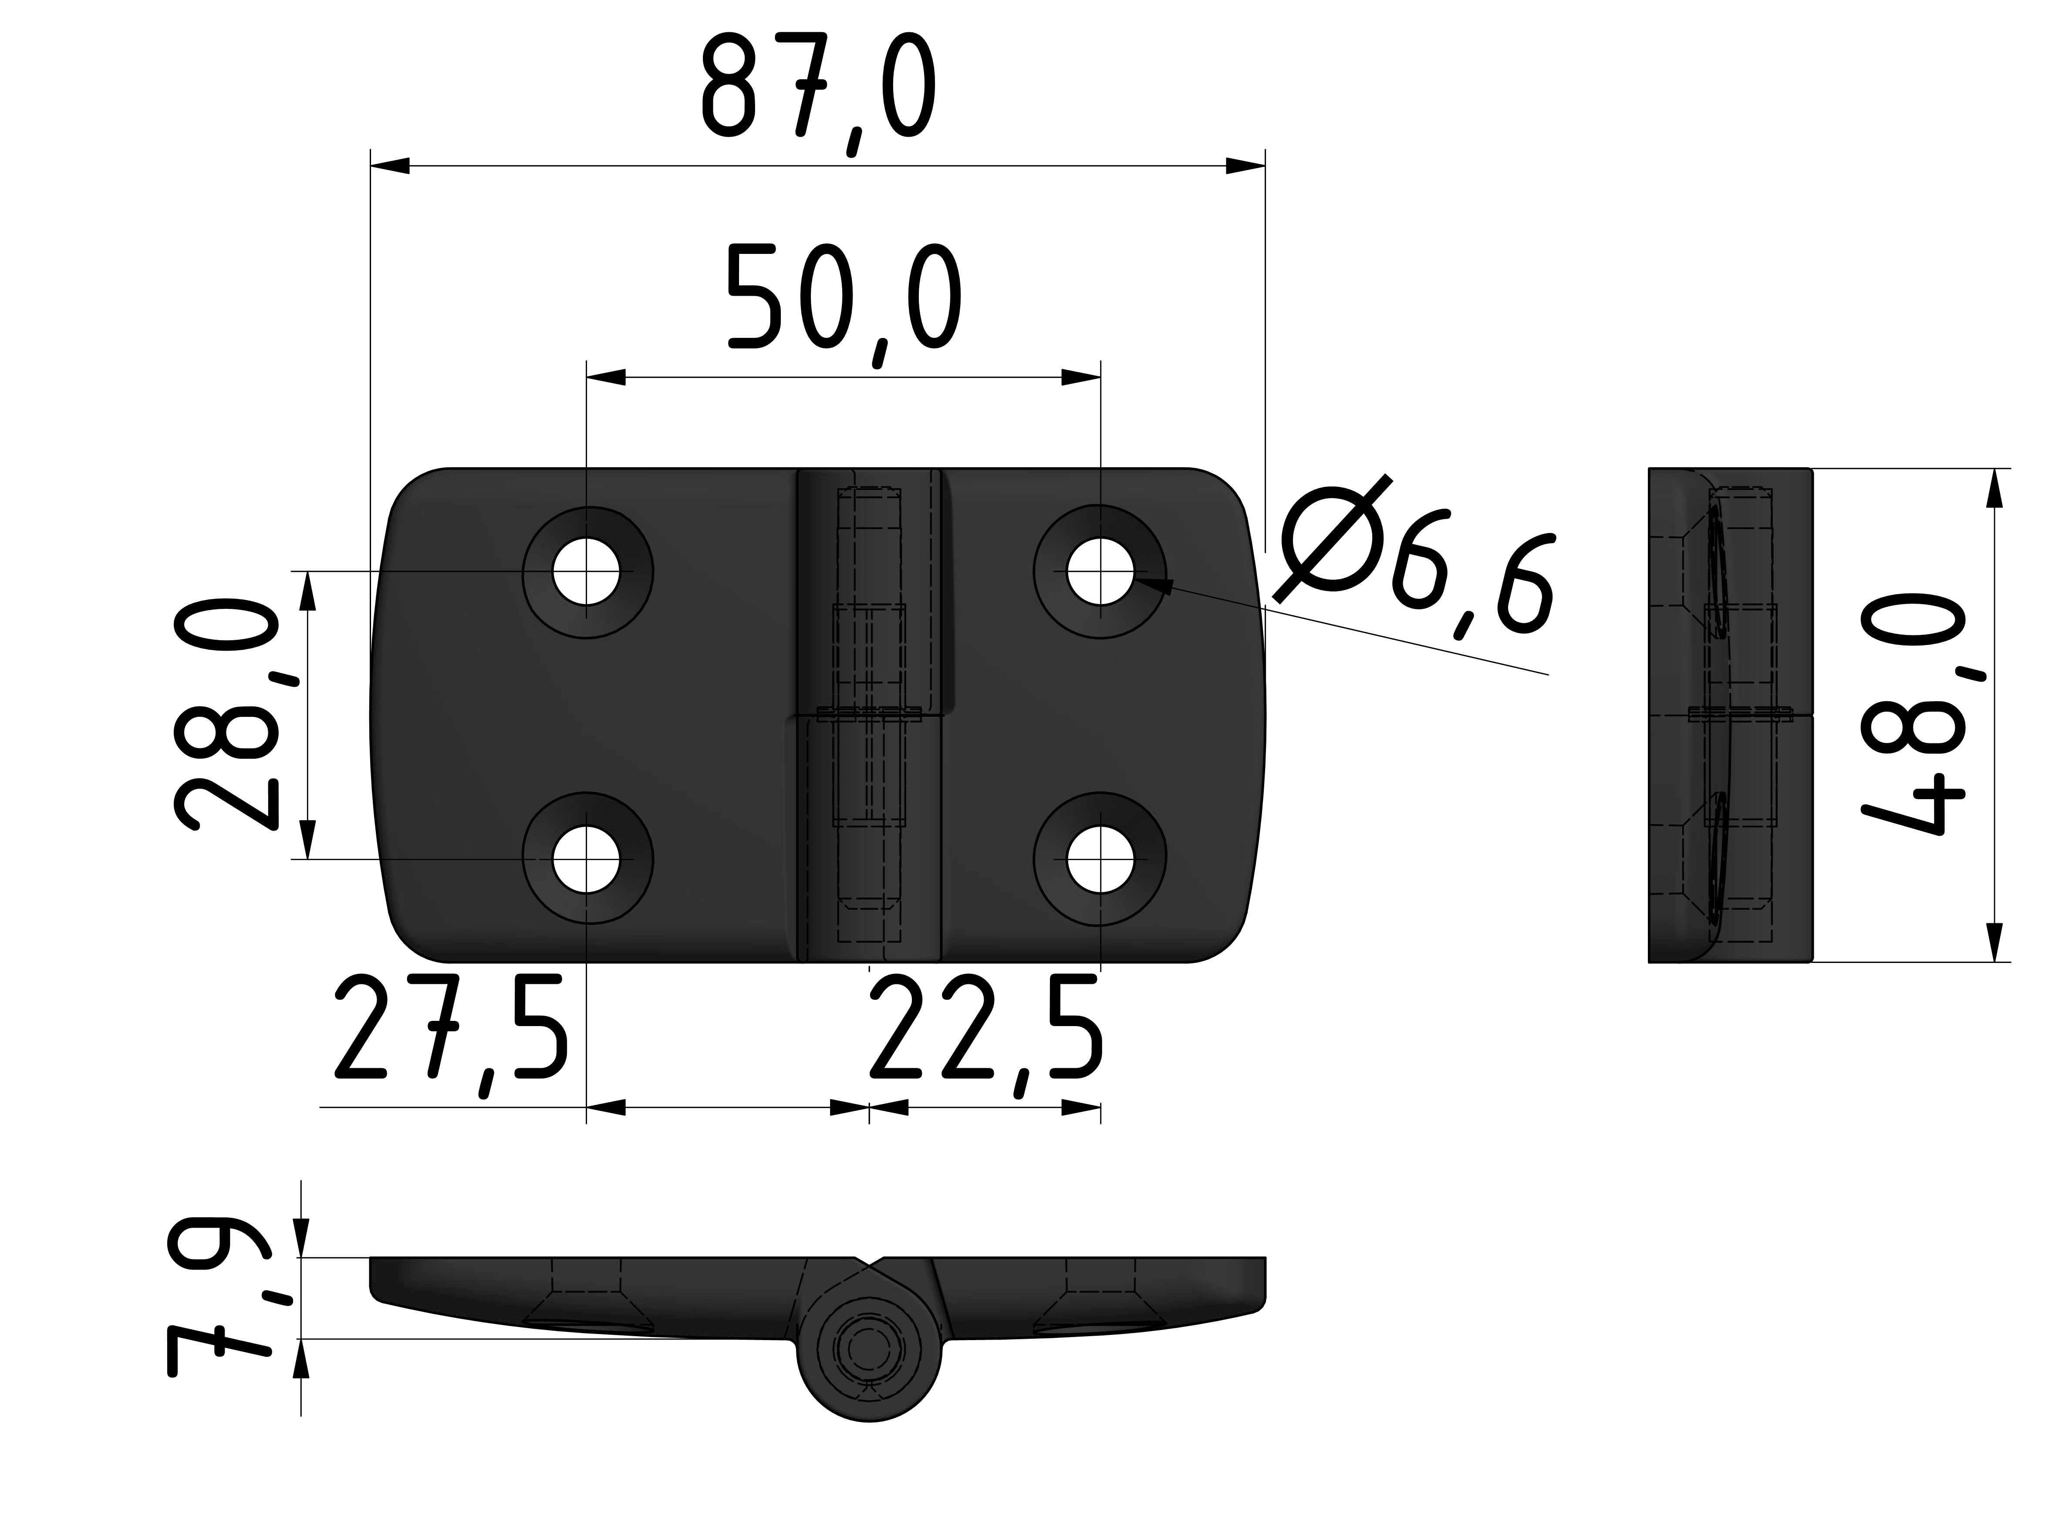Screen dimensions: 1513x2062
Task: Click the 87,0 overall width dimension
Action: (x=818, y=91)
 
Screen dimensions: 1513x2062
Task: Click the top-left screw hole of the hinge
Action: (x=587, y=571)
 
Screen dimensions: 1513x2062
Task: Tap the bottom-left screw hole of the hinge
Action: (x=587, y=859)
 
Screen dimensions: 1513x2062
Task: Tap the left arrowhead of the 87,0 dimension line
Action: (x=389, y=166)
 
